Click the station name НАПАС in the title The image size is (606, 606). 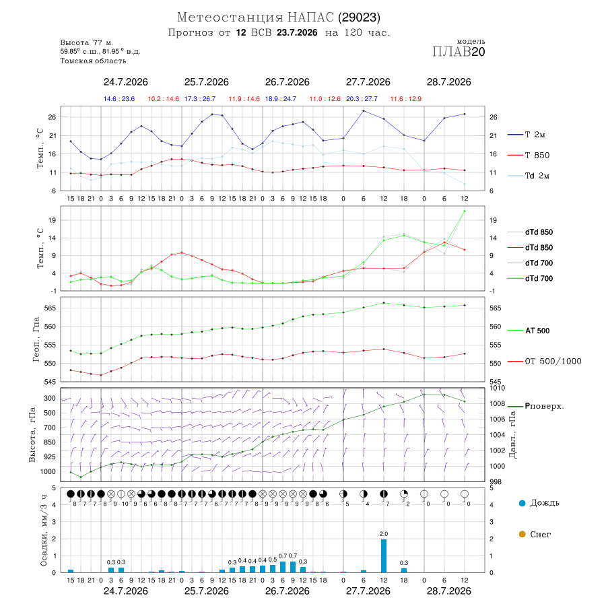tap(310, 18)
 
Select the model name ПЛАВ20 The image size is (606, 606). tap(459, 52)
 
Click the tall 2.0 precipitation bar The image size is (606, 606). tap(384, 555)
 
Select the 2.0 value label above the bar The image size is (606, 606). tap(384, 534)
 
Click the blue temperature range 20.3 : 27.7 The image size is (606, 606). tap(362, 99)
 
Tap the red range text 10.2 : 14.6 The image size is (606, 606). tap(164, 99)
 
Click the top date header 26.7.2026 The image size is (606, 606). tap(287, 82)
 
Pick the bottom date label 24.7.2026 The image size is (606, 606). tap(126, 591)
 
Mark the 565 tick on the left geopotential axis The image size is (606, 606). tap(51, 308)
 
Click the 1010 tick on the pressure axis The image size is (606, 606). tap(498, 388)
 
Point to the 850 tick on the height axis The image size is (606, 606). tap(49, 442)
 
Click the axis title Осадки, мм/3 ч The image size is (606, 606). tap(43, 531)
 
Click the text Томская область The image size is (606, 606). tap(93, 61)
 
